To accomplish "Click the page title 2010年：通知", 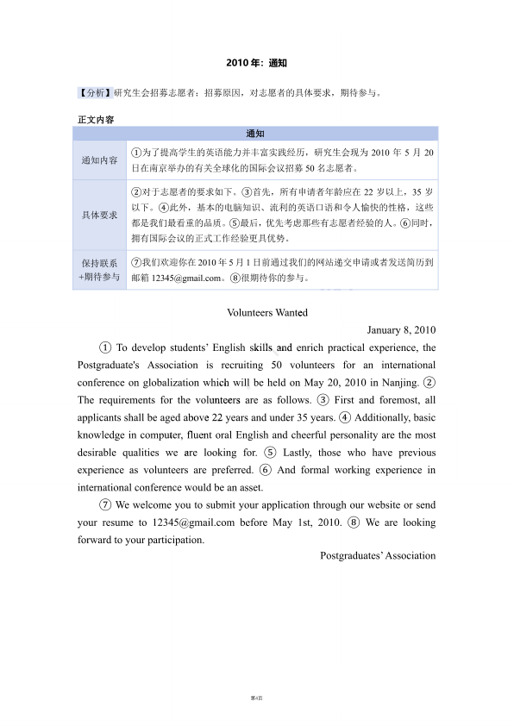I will coord(256,64).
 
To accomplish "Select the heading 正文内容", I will coord(96,119).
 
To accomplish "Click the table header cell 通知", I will coord(256,134).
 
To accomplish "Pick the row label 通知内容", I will coord(100,160).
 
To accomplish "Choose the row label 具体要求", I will coord(100,215).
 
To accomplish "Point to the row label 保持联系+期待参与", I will coord(100,270).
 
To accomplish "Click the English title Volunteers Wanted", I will coord(266,313).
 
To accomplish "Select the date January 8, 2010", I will coord(401,330).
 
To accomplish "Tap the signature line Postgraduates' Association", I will coord(378,555).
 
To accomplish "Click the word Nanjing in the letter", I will coord(398,382).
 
